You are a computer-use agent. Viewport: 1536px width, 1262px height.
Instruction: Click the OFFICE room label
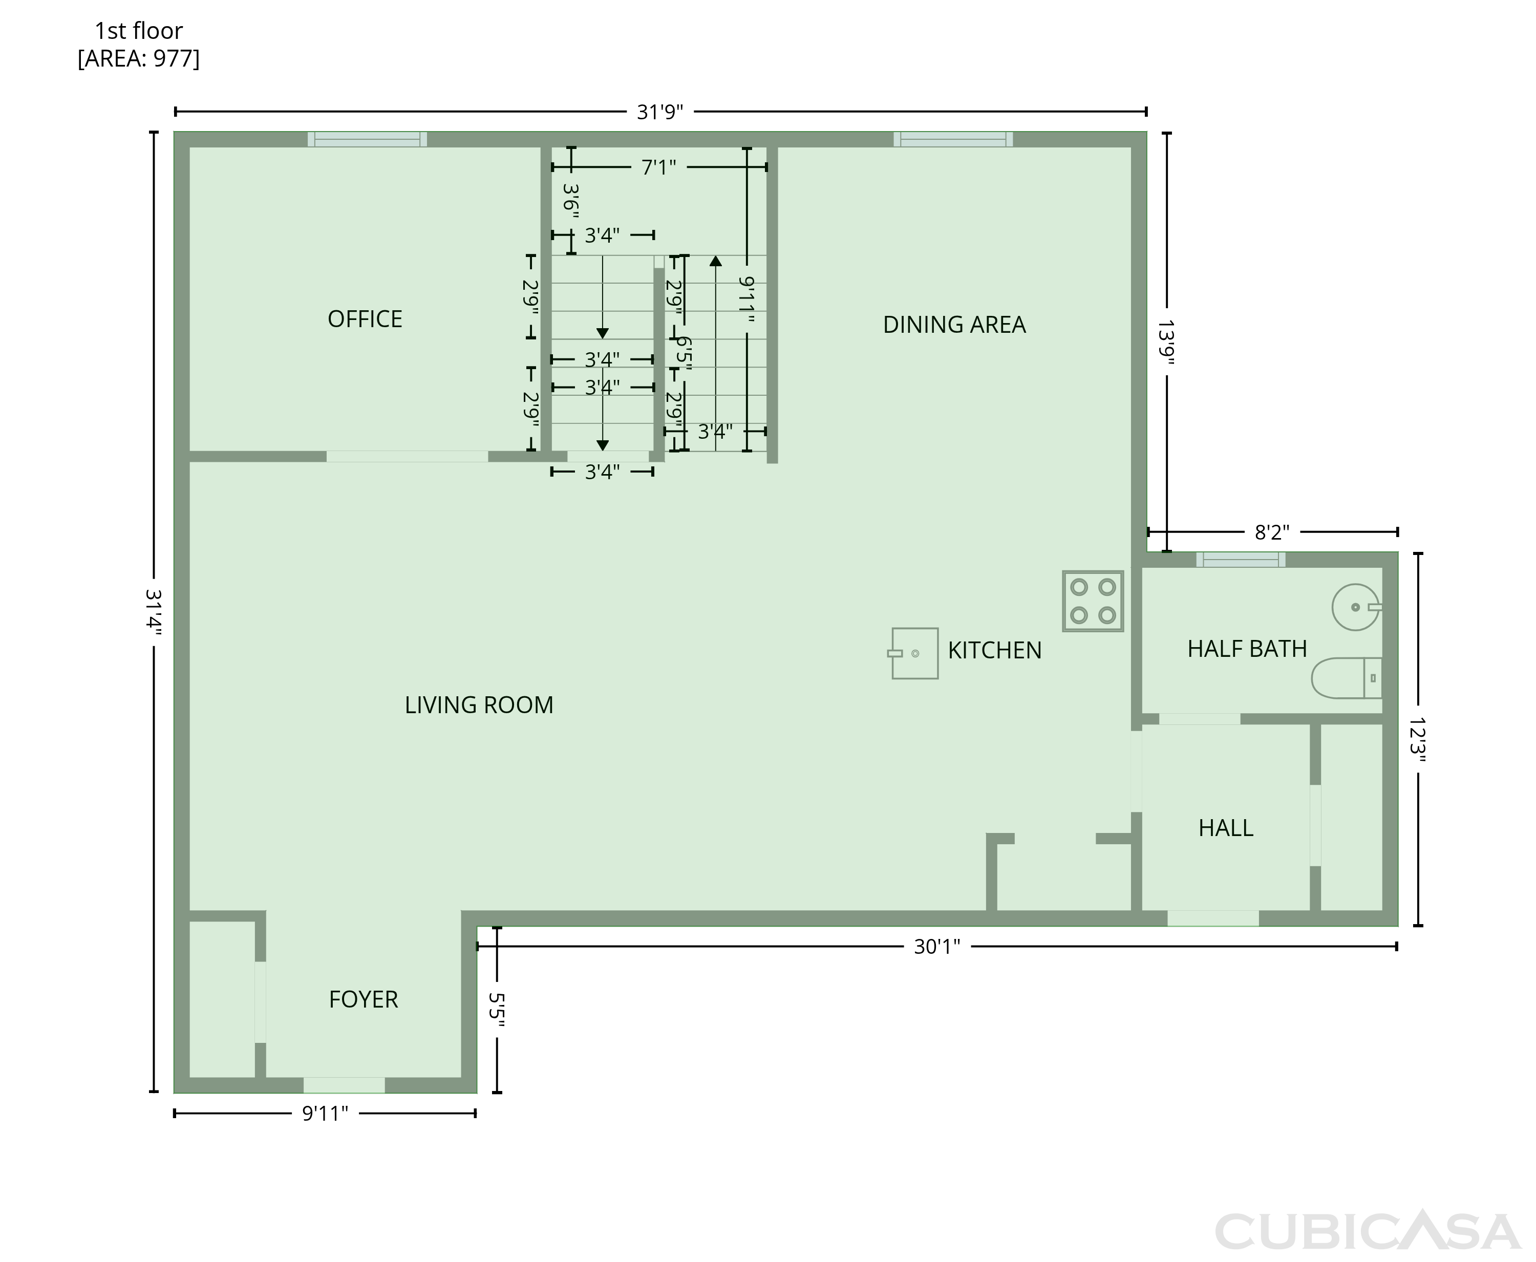click(x=365, y=319)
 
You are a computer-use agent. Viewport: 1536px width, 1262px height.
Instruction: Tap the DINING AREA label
click(x=954, y=325)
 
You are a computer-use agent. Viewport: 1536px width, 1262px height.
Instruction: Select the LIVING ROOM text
click(x=479, y=705)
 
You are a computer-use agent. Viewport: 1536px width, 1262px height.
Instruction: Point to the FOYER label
click(x=364, y=999)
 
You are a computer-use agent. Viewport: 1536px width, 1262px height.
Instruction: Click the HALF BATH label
click(x=1247, y=649)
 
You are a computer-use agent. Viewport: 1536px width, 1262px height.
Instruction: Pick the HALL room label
click(x=1226, y=828)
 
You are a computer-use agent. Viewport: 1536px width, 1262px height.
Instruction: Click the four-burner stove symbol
click(x=1093, y=601)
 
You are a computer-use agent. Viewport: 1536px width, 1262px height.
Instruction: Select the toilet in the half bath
click(x=1346, y=678)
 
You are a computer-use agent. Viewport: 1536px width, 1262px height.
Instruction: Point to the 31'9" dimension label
click(x=660, y=112)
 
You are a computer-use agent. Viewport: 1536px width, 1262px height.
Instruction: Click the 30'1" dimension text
click(x=937, y=947)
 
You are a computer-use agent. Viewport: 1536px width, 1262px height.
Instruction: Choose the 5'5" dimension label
click(x=497, y=1010)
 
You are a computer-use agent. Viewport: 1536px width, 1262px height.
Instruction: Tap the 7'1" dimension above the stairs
click(x=658, y=168)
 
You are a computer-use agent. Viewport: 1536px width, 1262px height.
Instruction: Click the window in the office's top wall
click(x=367, y=140)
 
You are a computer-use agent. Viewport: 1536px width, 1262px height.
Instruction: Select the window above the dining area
click(x=953, y=140)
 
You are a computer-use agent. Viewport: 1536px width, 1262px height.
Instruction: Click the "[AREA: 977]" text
click(x=139, y=58)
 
